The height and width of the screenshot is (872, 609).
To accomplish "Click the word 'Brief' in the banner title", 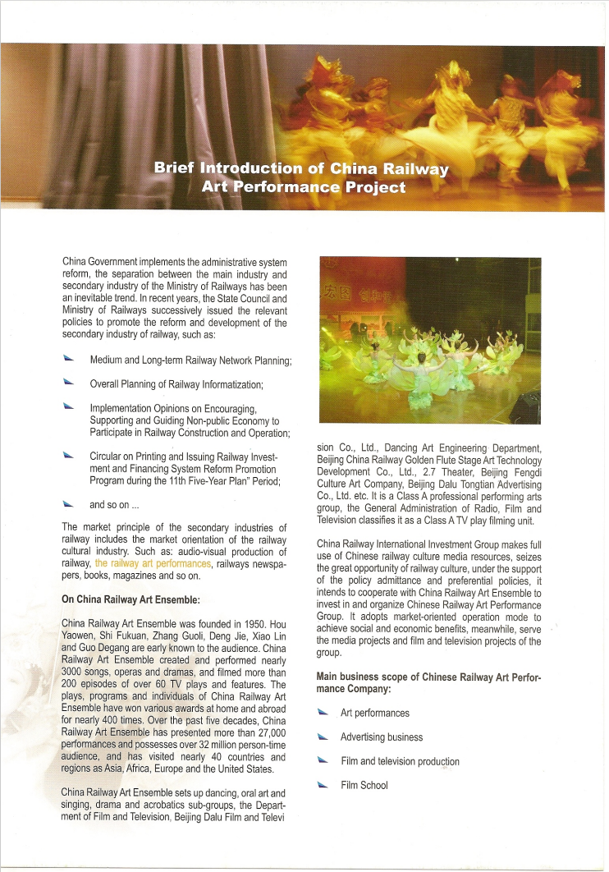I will (174, 169).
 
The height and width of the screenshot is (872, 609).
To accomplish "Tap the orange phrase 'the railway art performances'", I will (153, 563).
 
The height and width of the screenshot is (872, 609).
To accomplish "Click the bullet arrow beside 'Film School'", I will (323, 785).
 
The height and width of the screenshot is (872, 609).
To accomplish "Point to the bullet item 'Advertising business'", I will (382, 737).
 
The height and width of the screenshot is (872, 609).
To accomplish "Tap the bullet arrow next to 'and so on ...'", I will (68, 503).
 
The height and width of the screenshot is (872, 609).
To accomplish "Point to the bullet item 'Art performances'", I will (375, 713).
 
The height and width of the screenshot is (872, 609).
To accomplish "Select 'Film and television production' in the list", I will (400, 761).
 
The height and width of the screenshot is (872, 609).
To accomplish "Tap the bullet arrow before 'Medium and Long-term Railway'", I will (68, 360).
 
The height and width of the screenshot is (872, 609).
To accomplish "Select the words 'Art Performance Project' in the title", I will (304, 187).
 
